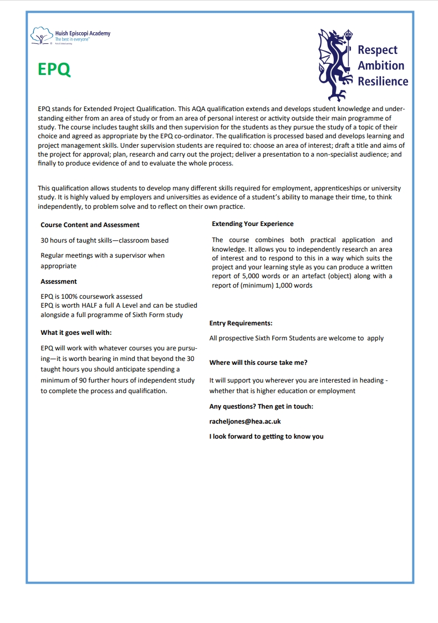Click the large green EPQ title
pos(54,69)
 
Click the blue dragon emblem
pos(335,64)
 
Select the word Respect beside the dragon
pos(378,50)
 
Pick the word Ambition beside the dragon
pos(381,66)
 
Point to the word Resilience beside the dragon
pos(383,82)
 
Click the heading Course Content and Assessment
pos(90,225)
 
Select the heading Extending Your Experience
pos(253,224)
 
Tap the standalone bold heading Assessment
pos(59,282)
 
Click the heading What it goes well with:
pos(76,333)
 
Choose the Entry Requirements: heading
pos(241,323)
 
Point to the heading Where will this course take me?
pos(258,363)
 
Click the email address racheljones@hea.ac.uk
pos(245,422)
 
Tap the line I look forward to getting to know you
pos(266,436)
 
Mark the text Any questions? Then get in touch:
pos(261,406)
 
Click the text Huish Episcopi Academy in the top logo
pos(83,33)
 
